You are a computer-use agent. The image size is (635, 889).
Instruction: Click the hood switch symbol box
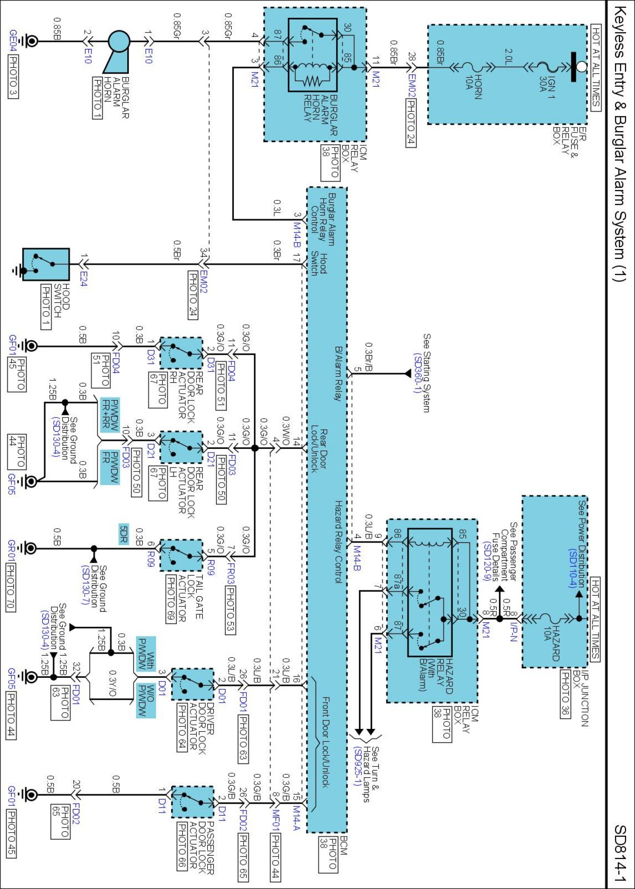pos(46,264)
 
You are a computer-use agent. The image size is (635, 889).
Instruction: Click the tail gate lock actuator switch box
pos(181,555)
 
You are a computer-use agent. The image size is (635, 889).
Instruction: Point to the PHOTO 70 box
pos(11,587)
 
